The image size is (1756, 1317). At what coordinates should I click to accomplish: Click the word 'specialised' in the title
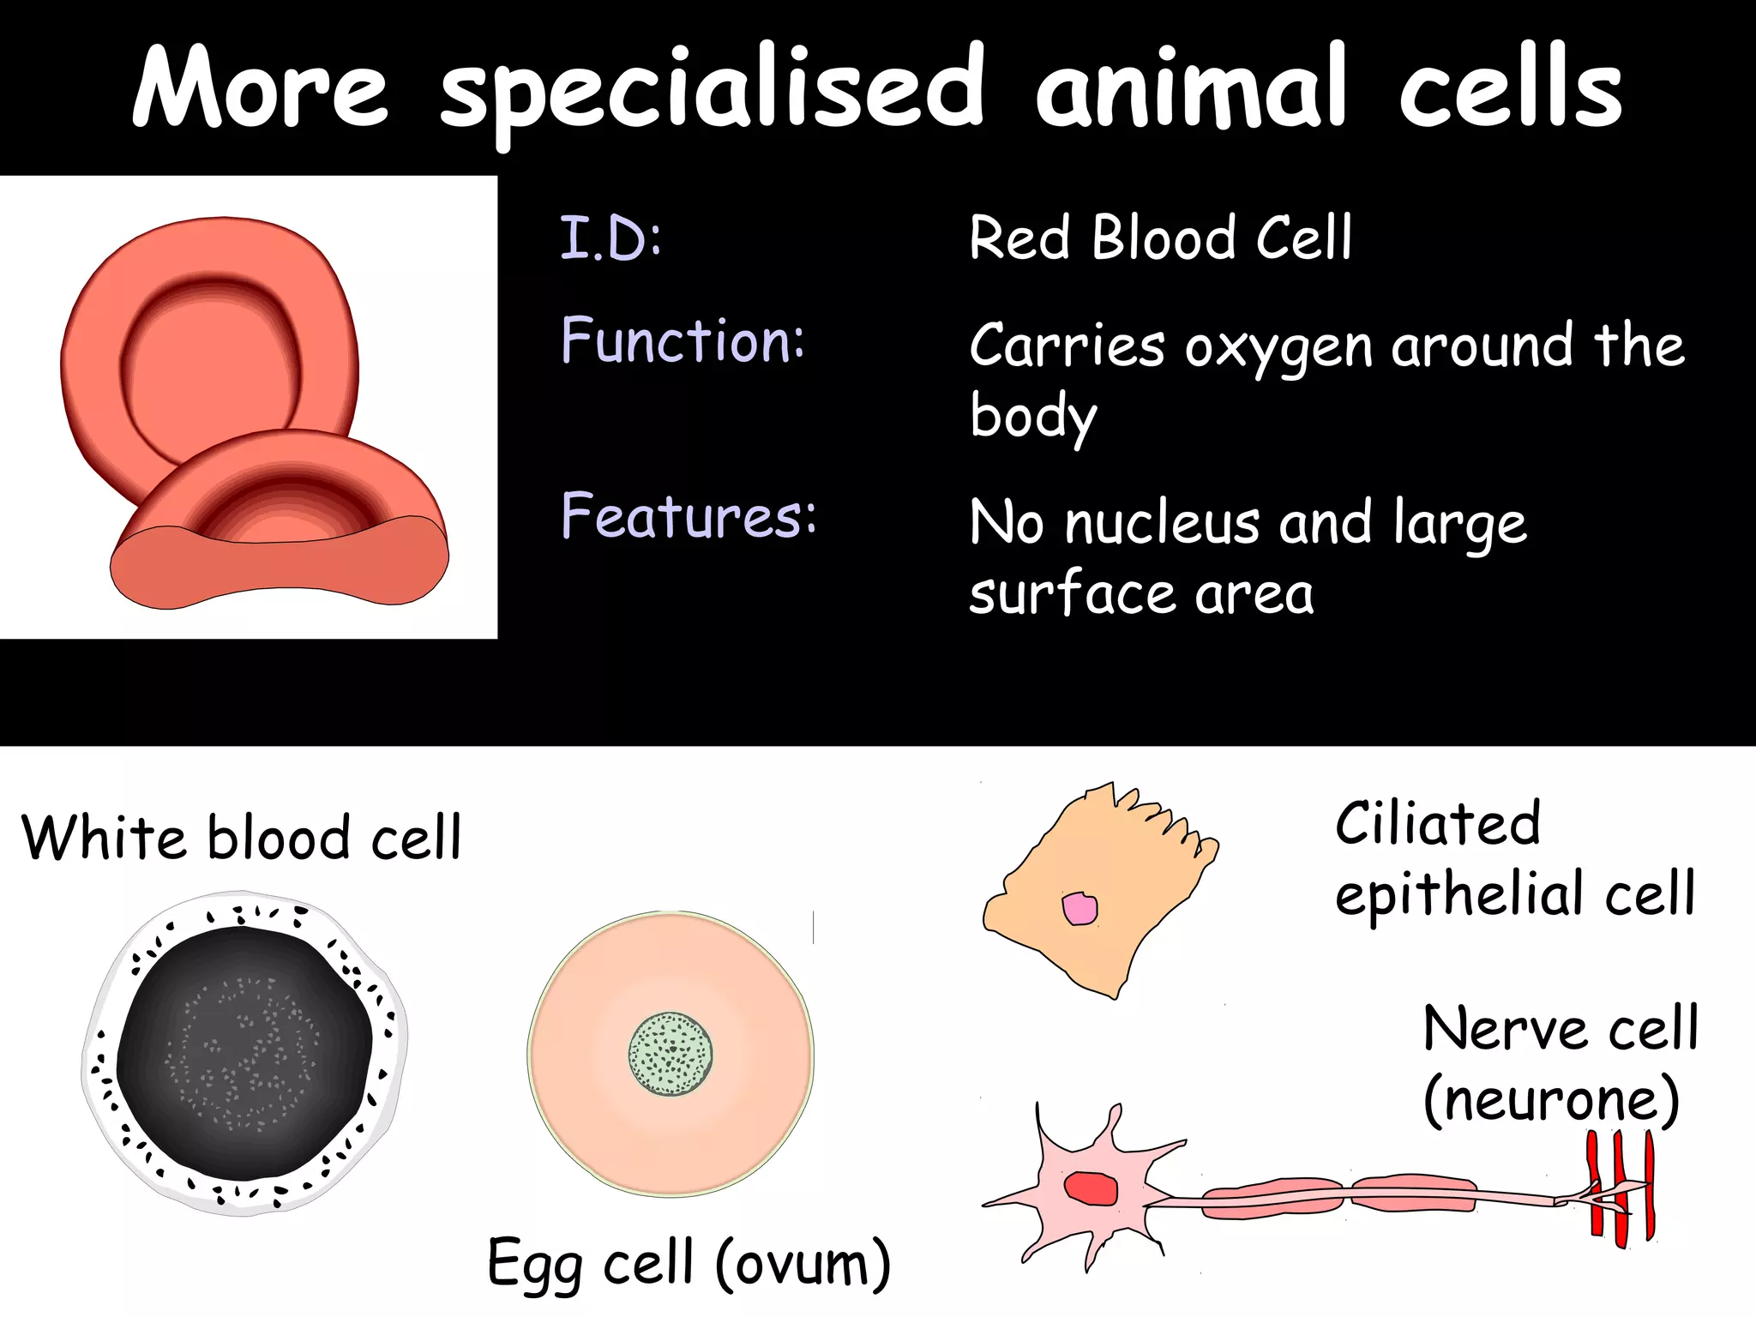coord(712,90)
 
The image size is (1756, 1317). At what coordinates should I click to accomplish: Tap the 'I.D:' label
coord(610,238)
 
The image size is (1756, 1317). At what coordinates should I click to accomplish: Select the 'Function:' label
coord(683,340)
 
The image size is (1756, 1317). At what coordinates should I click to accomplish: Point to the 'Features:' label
coord(689,516)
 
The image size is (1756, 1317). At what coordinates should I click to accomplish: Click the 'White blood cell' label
coord(241,838)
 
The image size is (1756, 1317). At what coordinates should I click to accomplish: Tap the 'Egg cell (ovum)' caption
coord(689,1263)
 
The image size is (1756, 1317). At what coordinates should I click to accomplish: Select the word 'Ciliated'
coord(1438,824)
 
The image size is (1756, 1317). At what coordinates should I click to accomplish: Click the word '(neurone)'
coord(1551,1100)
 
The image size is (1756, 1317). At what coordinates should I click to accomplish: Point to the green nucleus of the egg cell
coord(671,1054)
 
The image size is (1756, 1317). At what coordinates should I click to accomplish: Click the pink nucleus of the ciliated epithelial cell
coord(1079,909)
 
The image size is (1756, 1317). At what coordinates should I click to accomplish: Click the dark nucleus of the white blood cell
coord(245,1055)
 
